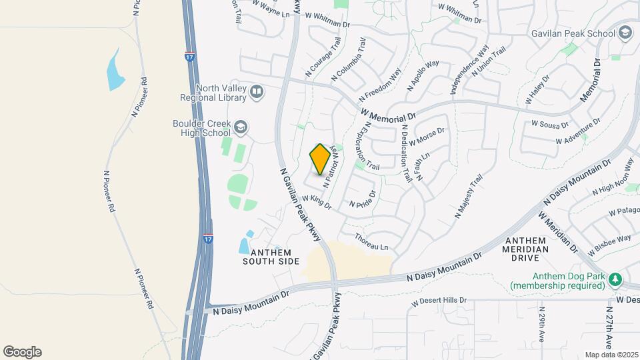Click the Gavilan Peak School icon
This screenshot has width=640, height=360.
pyautogui.click(x=625, y=33)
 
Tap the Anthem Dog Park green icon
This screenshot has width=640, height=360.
pyautogui.click(x=616, y=279)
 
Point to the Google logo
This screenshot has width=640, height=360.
pyautogui.click(x=22, y=352)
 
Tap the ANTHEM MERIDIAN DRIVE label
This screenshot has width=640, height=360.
pyautogui.click(x=527, y=245)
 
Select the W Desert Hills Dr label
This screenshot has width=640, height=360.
pyautogui.click(x=439, y=301)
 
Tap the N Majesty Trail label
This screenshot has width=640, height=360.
pyautogui.click(x=468, y=196)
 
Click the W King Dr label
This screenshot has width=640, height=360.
pyautogui.click(x=317, y=202)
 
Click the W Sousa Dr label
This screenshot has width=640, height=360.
pyautogui.click(x=550, y=124)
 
